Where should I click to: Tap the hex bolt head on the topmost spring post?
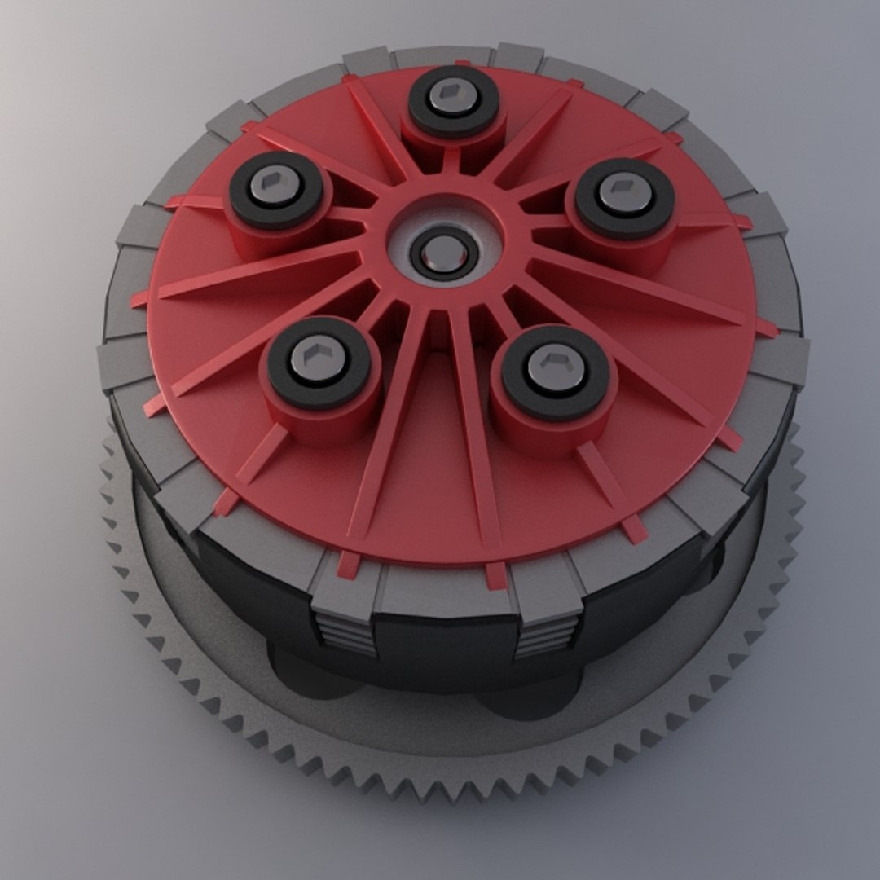click(453, 96)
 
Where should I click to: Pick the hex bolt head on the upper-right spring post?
click(625, 191)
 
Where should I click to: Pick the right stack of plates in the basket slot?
click(545, 636)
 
